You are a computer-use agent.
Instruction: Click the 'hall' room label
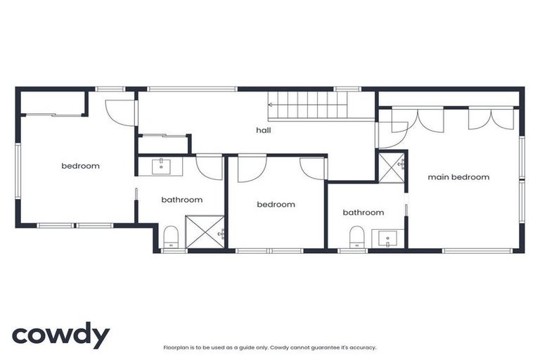pos(263,130)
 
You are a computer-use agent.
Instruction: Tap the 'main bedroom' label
pos(458,177)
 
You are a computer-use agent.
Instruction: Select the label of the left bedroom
pos(80,167)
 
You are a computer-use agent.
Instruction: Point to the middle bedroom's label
pos(276,205)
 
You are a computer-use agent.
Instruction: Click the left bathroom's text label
pos(181,200)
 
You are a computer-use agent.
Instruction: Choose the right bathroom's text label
pos(363,212)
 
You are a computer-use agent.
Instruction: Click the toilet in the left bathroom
pos(172,238)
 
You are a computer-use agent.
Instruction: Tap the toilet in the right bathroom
pos(356,238)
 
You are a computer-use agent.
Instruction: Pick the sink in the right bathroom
pos(387,238)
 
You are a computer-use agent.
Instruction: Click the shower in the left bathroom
pos(205,233)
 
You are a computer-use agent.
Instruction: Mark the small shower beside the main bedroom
pos(392,166)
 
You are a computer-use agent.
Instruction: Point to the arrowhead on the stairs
pos(271,105)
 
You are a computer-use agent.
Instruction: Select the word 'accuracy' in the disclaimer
pos(362,347)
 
